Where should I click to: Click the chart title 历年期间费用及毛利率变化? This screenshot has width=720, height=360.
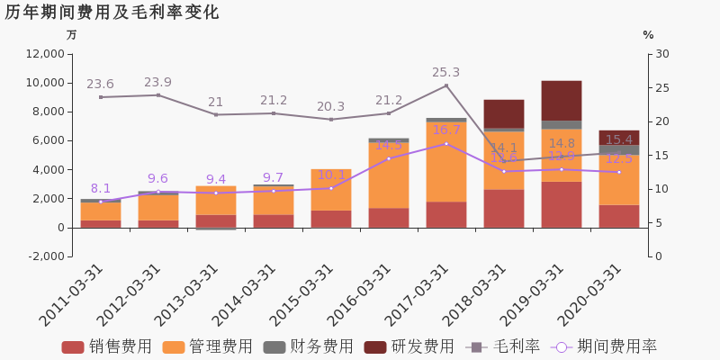coord(112,13)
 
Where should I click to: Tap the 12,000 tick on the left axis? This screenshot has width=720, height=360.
coord(44,54)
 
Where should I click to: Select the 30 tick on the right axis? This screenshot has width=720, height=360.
coord(661,54)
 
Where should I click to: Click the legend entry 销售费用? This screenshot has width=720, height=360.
coord(107,346)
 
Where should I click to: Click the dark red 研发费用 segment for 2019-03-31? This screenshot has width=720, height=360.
coord(562,101)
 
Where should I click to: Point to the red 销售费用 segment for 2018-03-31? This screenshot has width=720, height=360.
coord(504,208)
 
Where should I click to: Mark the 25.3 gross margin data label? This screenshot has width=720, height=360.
coord(446,73)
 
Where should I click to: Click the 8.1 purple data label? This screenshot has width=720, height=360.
coord(101,189)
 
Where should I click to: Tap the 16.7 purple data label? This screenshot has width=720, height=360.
coord(446,130)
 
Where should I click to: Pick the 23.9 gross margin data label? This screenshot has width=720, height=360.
coord(158,83)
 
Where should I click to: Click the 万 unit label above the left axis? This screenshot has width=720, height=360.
coord(72,35)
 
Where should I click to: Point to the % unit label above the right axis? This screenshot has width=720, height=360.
coord(648,35)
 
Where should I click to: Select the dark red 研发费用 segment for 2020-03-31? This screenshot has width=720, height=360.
coord(619,138)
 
